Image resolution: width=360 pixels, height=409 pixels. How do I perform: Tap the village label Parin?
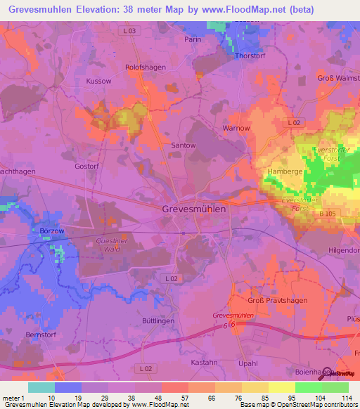click(193, 39)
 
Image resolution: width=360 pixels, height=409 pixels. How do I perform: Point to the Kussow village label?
click(98, 82)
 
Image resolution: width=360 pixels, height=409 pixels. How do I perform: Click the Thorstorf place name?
click(252, 56)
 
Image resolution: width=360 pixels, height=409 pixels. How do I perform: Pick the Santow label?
click(184, 145)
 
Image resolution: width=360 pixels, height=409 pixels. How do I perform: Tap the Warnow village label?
click(236, 129)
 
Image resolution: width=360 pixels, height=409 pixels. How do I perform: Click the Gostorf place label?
click(88, 167)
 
